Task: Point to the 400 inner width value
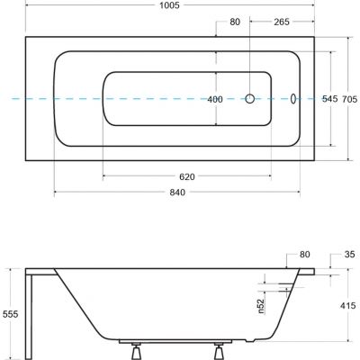pyautogui.click(x=215, y=99)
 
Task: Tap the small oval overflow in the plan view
pyautogui.click(x=293, y=99)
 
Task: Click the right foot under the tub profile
pyautogui.click(x=220, y=346)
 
